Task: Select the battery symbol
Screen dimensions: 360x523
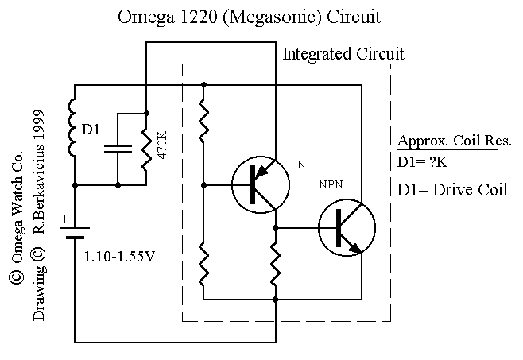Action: [75, 236]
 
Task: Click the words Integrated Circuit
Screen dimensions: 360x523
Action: [343, 55]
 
